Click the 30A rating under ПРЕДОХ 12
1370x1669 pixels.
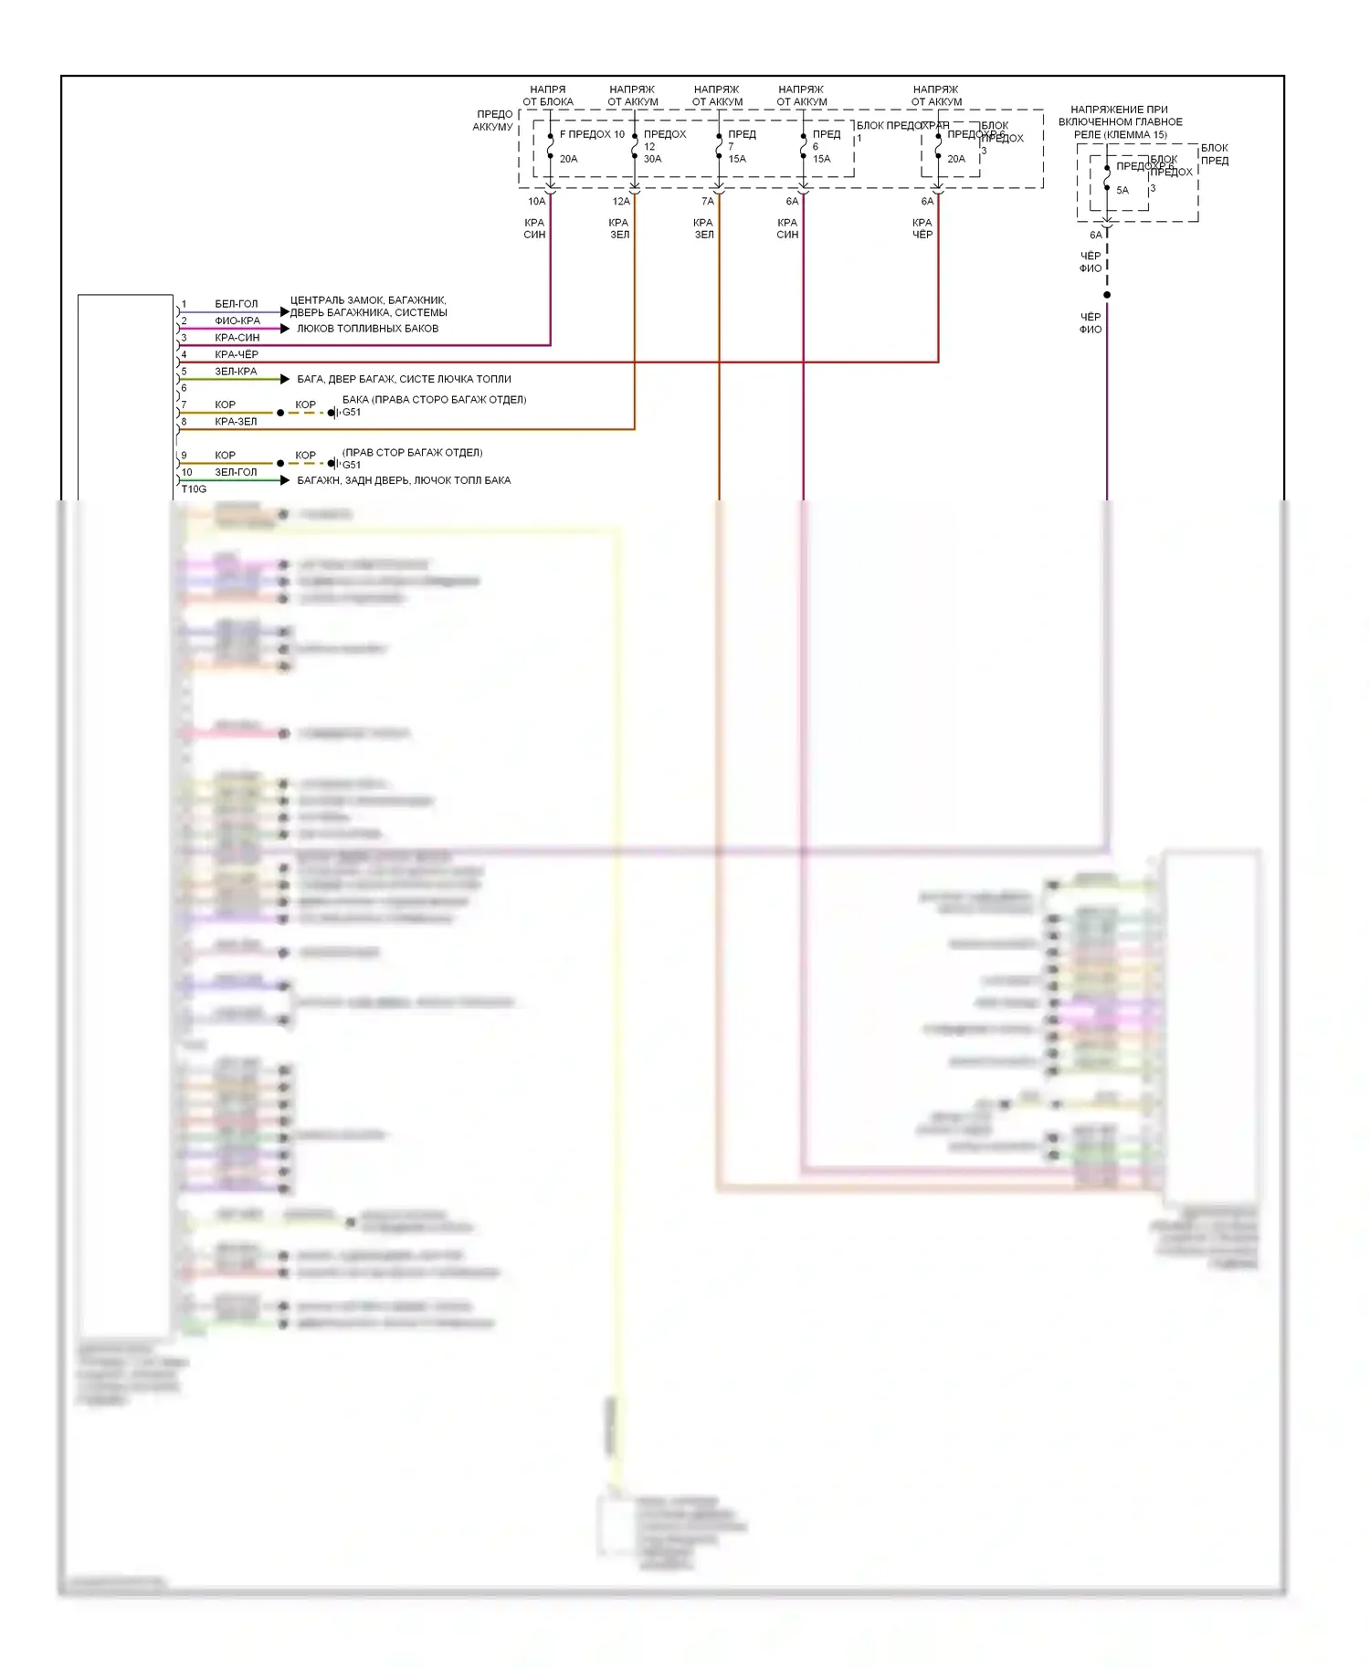coord(652,159)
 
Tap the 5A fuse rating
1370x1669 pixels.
coord(1122,191)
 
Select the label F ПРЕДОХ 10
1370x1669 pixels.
coord(592,134)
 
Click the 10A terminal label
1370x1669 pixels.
coord(536,202)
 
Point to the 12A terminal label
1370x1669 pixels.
coord(621,202)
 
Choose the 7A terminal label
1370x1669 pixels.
coord(708,202)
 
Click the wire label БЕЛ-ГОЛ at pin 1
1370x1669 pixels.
coord(236,304)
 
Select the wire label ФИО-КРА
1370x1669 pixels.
coord(237,321)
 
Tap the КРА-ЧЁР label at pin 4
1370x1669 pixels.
coord(237,355)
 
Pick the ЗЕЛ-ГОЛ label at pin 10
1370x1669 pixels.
coord(236,473)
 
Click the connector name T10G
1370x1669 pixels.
coord(194,489)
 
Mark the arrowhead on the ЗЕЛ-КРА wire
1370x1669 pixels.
coord(285,379)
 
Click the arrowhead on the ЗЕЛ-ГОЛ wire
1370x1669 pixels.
coord(285,480)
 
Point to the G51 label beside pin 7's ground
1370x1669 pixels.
coord(352,413)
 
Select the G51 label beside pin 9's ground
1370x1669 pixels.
coord(352,465)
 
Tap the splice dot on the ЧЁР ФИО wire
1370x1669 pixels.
coord(1107,295)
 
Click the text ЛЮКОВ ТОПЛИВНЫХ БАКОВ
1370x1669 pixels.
coord(367,329)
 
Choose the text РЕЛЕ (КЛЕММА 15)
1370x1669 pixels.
coord(1120,135)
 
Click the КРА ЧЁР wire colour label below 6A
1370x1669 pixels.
coord(922,228)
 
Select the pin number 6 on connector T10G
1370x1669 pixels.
coord(184,388)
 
